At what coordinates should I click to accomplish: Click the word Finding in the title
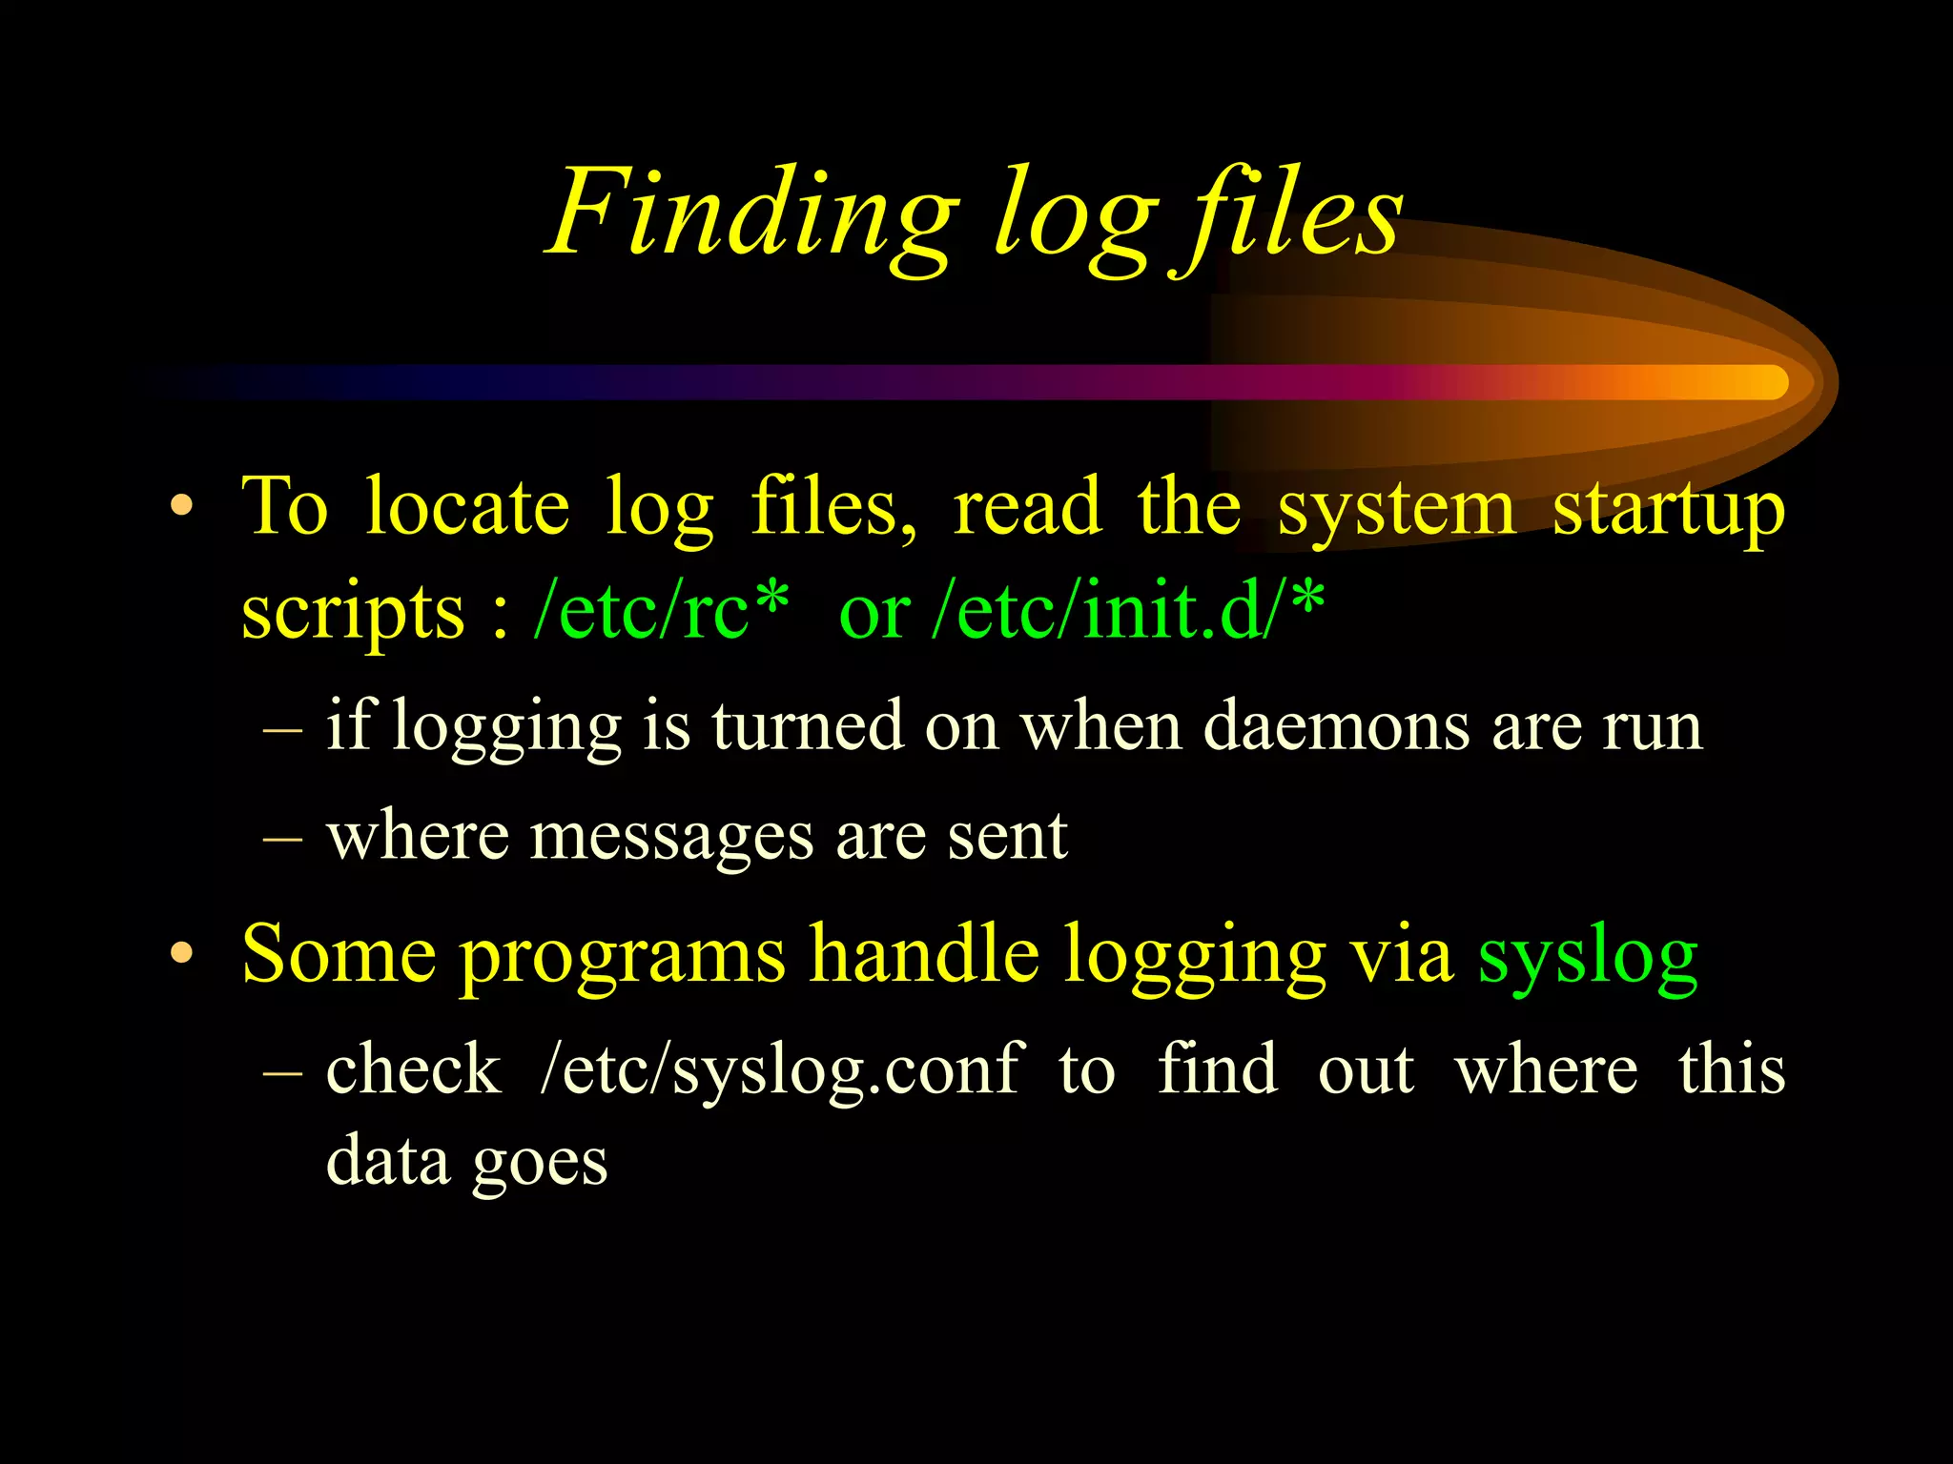(x=753, y=214)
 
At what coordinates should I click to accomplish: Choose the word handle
(x=924, y=953)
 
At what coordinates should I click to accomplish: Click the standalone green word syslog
(x=1588, y=958)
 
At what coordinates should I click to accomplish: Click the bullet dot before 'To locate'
(x=182, y=506)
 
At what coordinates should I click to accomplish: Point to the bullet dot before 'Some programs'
(x=182, y=953)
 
